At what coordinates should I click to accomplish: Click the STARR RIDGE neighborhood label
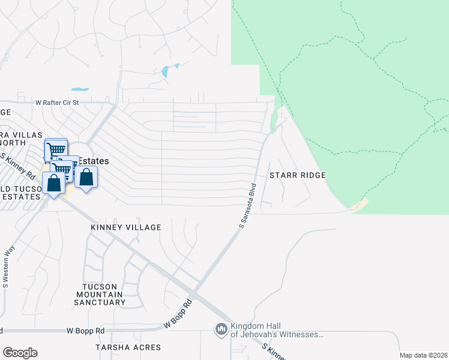pos(297,175)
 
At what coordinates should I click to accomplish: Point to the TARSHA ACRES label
pos(128,347)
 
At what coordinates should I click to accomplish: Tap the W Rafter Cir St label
pos(57,103)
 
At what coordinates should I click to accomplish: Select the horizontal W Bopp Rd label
pos(85,331)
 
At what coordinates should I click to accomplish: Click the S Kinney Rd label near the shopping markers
pos(18,166)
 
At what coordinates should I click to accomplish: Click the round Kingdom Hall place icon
pos(221,329)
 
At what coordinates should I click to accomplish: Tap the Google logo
pos(20,353)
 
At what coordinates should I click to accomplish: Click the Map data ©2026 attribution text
pos(423,355)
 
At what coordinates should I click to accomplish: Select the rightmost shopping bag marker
pos(86,178)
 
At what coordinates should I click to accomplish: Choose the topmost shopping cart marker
pos(56,149)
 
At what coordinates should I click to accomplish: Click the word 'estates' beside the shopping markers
pos(95,161)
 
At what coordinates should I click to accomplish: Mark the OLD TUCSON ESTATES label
pos(20,193)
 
